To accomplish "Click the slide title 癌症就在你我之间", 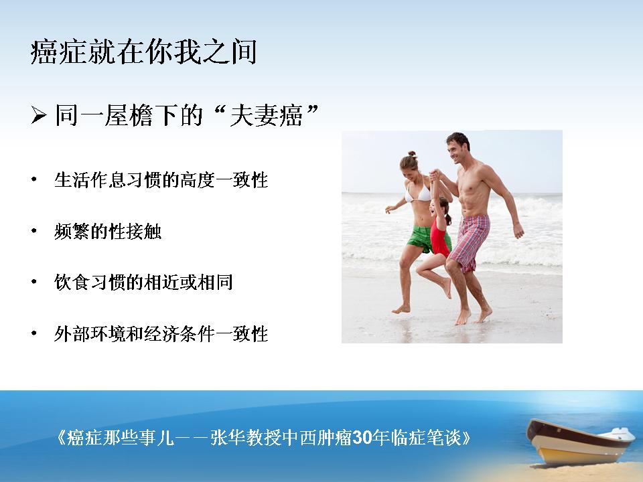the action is tap(143, 52).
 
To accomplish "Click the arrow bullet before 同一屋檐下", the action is tap(39, 114).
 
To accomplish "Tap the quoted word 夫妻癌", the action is tap(266, 115).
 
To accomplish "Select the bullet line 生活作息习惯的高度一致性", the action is tap(161, 180).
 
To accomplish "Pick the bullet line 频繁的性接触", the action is tap(108, 232).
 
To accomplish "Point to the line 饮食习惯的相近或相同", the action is tap(143, 283).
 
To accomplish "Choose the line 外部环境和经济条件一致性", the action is tap(161, 333).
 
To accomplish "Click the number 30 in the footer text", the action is tap(362, 437).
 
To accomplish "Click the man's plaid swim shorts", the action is tap(470, 241).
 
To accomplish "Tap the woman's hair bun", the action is tap(412, 154).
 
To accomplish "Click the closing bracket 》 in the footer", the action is tap(466, 438).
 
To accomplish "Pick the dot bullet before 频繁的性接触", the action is tap(34, 231).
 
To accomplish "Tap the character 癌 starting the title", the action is tap(44, 52).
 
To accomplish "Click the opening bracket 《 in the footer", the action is tap(60, 438).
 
